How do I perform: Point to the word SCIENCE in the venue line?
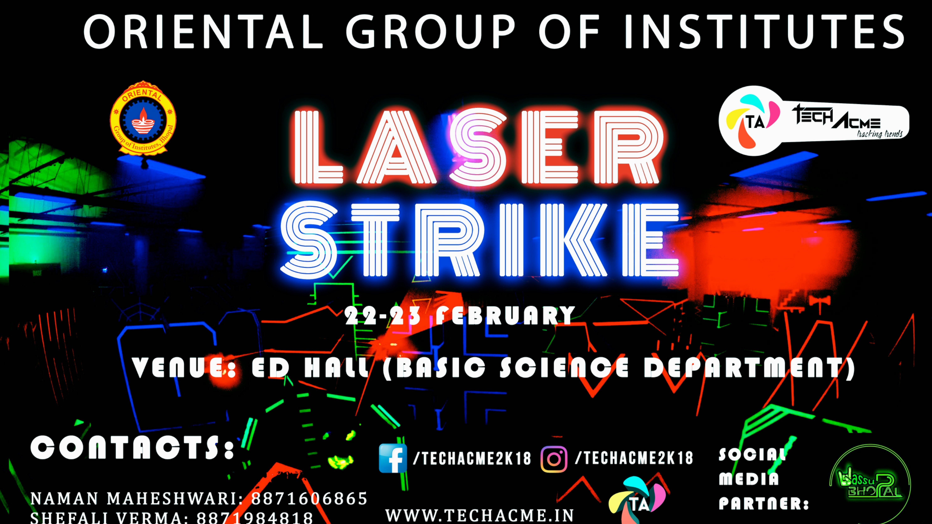coord(564,368)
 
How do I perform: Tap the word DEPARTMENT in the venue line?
coord(749,368)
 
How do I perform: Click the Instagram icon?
coord(554,459)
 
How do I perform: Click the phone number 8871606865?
coord(309,499)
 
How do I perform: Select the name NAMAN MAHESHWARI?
coord(134,499)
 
